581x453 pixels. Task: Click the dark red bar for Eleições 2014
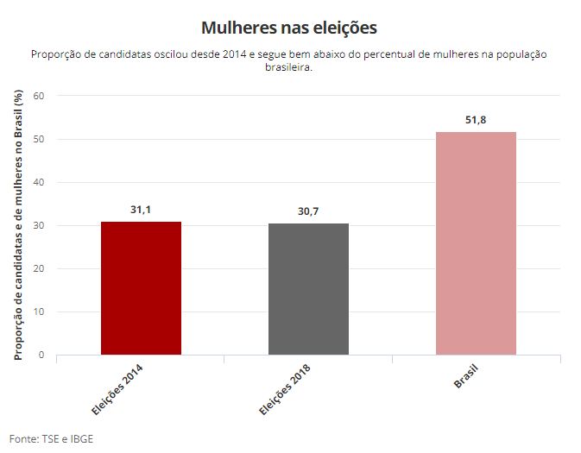(141, 288)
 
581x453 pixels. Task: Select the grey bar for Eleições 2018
(308, 289)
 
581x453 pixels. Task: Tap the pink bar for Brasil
(476, 243)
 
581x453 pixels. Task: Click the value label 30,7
(308, 211)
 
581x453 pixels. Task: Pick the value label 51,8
(476, 120)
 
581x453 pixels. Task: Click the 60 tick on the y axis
(39, 96)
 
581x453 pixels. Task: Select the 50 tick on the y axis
(39, 139)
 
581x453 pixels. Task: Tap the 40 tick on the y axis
(39, 182)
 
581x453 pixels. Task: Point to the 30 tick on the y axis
(39, 225)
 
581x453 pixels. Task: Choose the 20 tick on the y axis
(39, 268)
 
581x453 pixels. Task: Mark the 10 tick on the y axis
(39, 311)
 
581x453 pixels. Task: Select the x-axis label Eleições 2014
(118, 388)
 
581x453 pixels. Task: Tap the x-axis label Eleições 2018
(286, 388)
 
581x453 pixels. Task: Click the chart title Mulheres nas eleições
(289, 28)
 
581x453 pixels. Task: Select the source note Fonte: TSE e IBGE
(51, 438)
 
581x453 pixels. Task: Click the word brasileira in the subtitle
(289, 67)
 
